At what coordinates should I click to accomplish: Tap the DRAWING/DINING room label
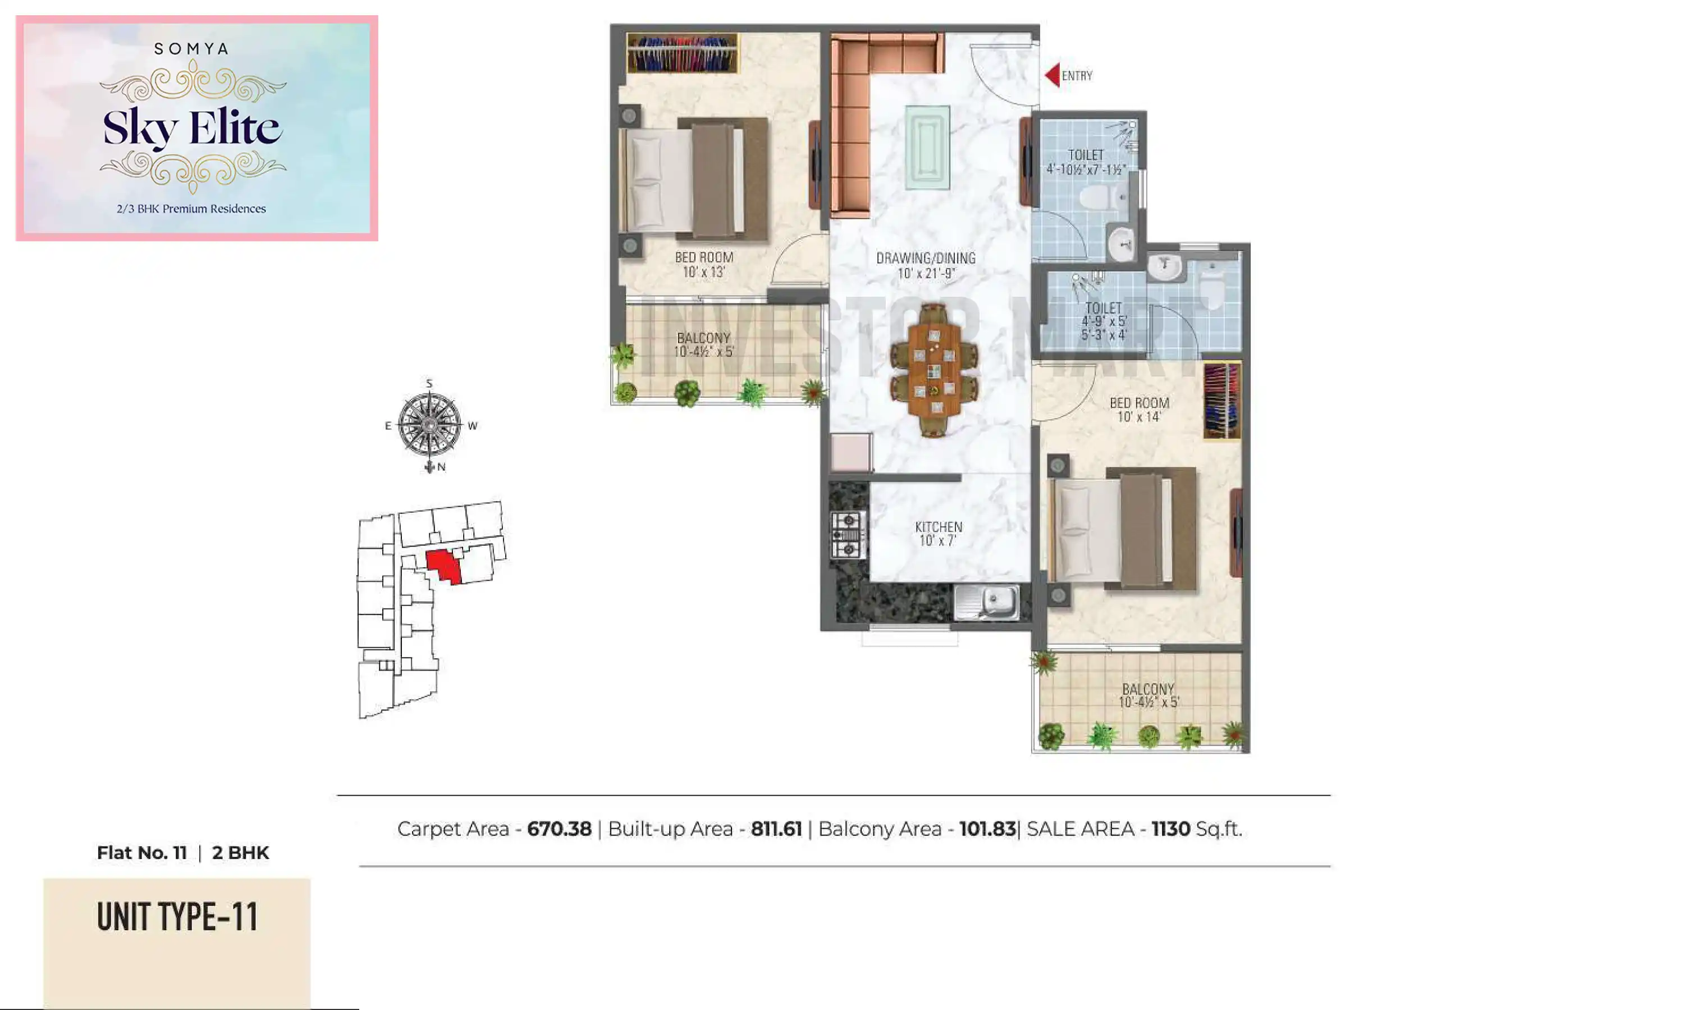[926, 265]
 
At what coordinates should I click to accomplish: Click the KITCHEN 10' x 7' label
[938, 534]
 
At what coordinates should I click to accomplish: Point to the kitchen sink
[987, 602]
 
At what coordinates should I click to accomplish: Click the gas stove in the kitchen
[848, 535]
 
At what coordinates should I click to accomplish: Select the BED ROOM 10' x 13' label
[704, 264]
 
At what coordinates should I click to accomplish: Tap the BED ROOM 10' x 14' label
[1139, 410]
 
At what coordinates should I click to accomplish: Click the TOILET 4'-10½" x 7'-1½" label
[1086, 162]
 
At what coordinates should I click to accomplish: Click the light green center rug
[927, 147]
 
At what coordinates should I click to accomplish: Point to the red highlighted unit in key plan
[443, 566]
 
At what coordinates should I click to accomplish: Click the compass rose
[429, 425]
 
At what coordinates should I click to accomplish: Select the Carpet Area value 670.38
[559, 829]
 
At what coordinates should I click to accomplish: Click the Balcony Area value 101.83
[987, 829]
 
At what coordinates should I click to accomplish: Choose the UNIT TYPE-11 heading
[177, 917]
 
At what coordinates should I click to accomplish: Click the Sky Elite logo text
[191, 127]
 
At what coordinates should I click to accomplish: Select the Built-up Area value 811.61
[776, 829]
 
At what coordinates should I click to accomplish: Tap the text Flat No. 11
[141, 853]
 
